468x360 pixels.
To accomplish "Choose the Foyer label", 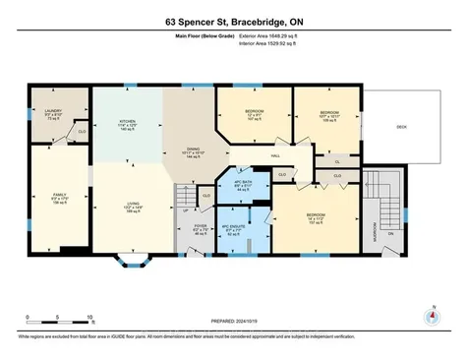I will tap(200, 228).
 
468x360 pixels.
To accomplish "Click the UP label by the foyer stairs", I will tap(185, 210).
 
